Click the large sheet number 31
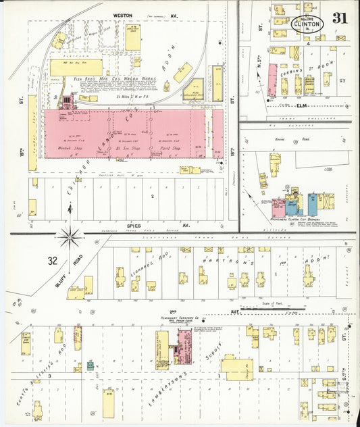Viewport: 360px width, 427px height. (340, 18)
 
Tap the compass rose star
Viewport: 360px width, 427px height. (70, 236)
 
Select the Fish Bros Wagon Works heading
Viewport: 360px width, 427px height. (115, 79)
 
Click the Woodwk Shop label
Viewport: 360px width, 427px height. (69, 147)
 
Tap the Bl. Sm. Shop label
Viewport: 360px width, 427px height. (128, 147)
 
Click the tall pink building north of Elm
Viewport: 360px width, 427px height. (273, 80)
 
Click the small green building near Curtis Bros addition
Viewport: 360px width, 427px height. (90, 366)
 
